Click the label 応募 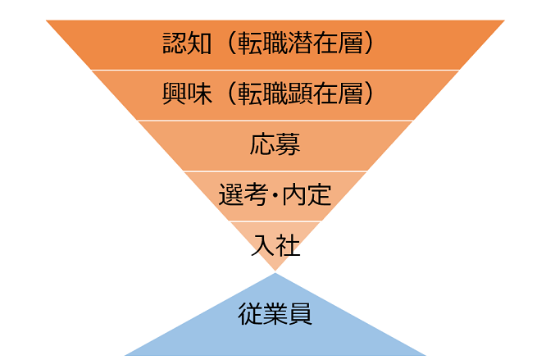275,144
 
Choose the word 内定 307,195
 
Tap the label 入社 275,245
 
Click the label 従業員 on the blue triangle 275,314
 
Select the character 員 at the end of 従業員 300,314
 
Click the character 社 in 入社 288,245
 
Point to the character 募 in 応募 288,144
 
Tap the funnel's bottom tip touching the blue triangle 275,270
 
